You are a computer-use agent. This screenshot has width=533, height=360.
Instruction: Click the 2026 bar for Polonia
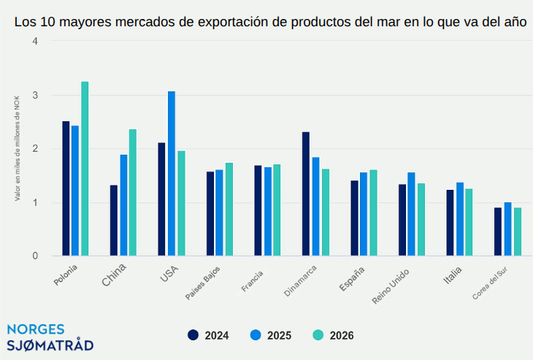(85, 169)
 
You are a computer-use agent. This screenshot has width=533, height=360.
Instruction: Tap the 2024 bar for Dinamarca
(306, 194)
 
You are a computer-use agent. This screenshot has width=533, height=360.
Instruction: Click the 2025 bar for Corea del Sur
(507, 229)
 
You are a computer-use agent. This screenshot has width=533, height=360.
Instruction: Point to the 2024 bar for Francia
(258, 211)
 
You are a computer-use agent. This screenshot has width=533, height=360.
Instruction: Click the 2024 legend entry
(208, 335)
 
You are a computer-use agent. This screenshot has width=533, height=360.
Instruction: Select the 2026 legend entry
(333, 335)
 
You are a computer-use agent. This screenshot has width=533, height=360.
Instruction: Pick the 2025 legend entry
(270, 335)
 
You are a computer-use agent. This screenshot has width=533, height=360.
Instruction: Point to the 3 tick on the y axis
(34, 96)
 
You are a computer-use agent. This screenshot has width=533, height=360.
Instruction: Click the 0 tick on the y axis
(34, 256)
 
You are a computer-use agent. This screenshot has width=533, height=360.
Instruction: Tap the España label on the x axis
(353, 280)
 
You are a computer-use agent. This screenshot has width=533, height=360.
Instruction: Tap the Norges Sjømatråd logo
(50, 337)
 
